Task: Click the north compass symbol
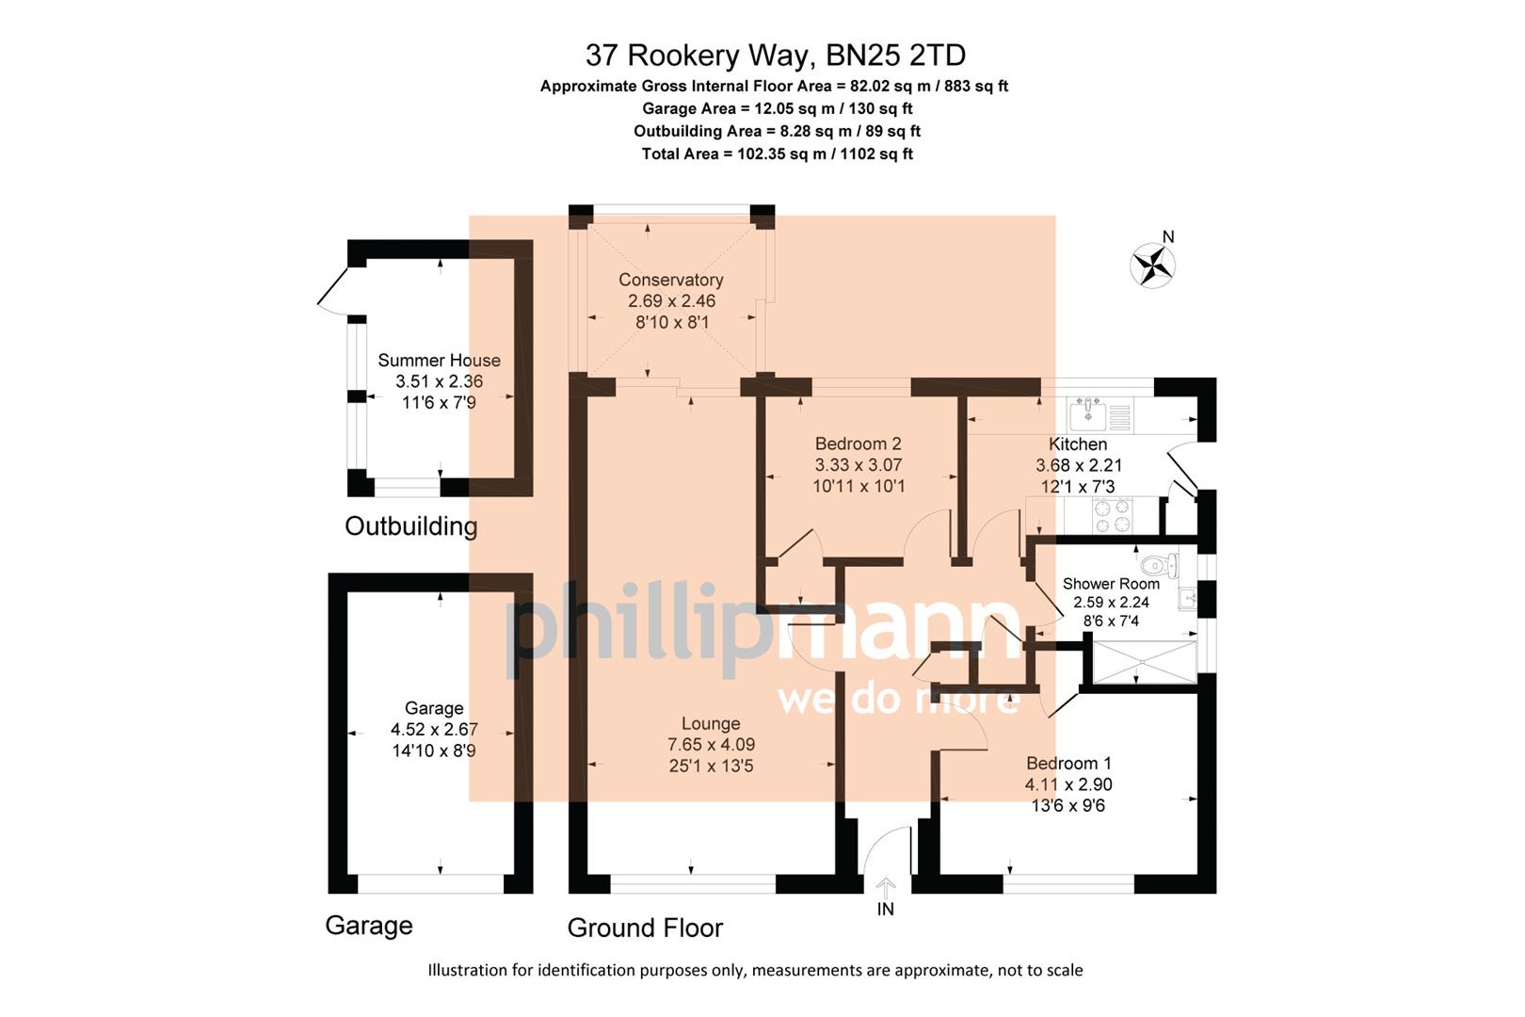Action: [x=1152, y=265]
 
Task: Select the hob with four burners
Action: [x=1111, y=515]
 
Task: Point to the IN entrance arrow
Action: [x=885, y=888]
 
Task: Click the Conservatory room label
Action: [x=671, y=280]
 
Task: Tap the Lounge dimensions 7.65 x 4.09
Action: [x=711, y=744]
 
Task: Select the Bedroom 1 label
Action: [x=1068, y=763]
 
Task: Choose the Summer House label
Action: [x=439, y=360]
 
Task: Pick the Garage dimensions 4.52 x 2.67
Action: [x=434, y=729]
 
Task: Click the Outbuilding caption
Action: [x=410, y=525]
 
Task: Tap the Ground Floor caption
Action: [x=645, y=928]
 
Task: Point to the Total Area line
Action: [x=777, y=153]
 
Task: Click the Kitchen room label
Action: [x=1078, y=444]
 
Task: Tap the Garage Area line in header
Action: [x=777, y=108]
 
